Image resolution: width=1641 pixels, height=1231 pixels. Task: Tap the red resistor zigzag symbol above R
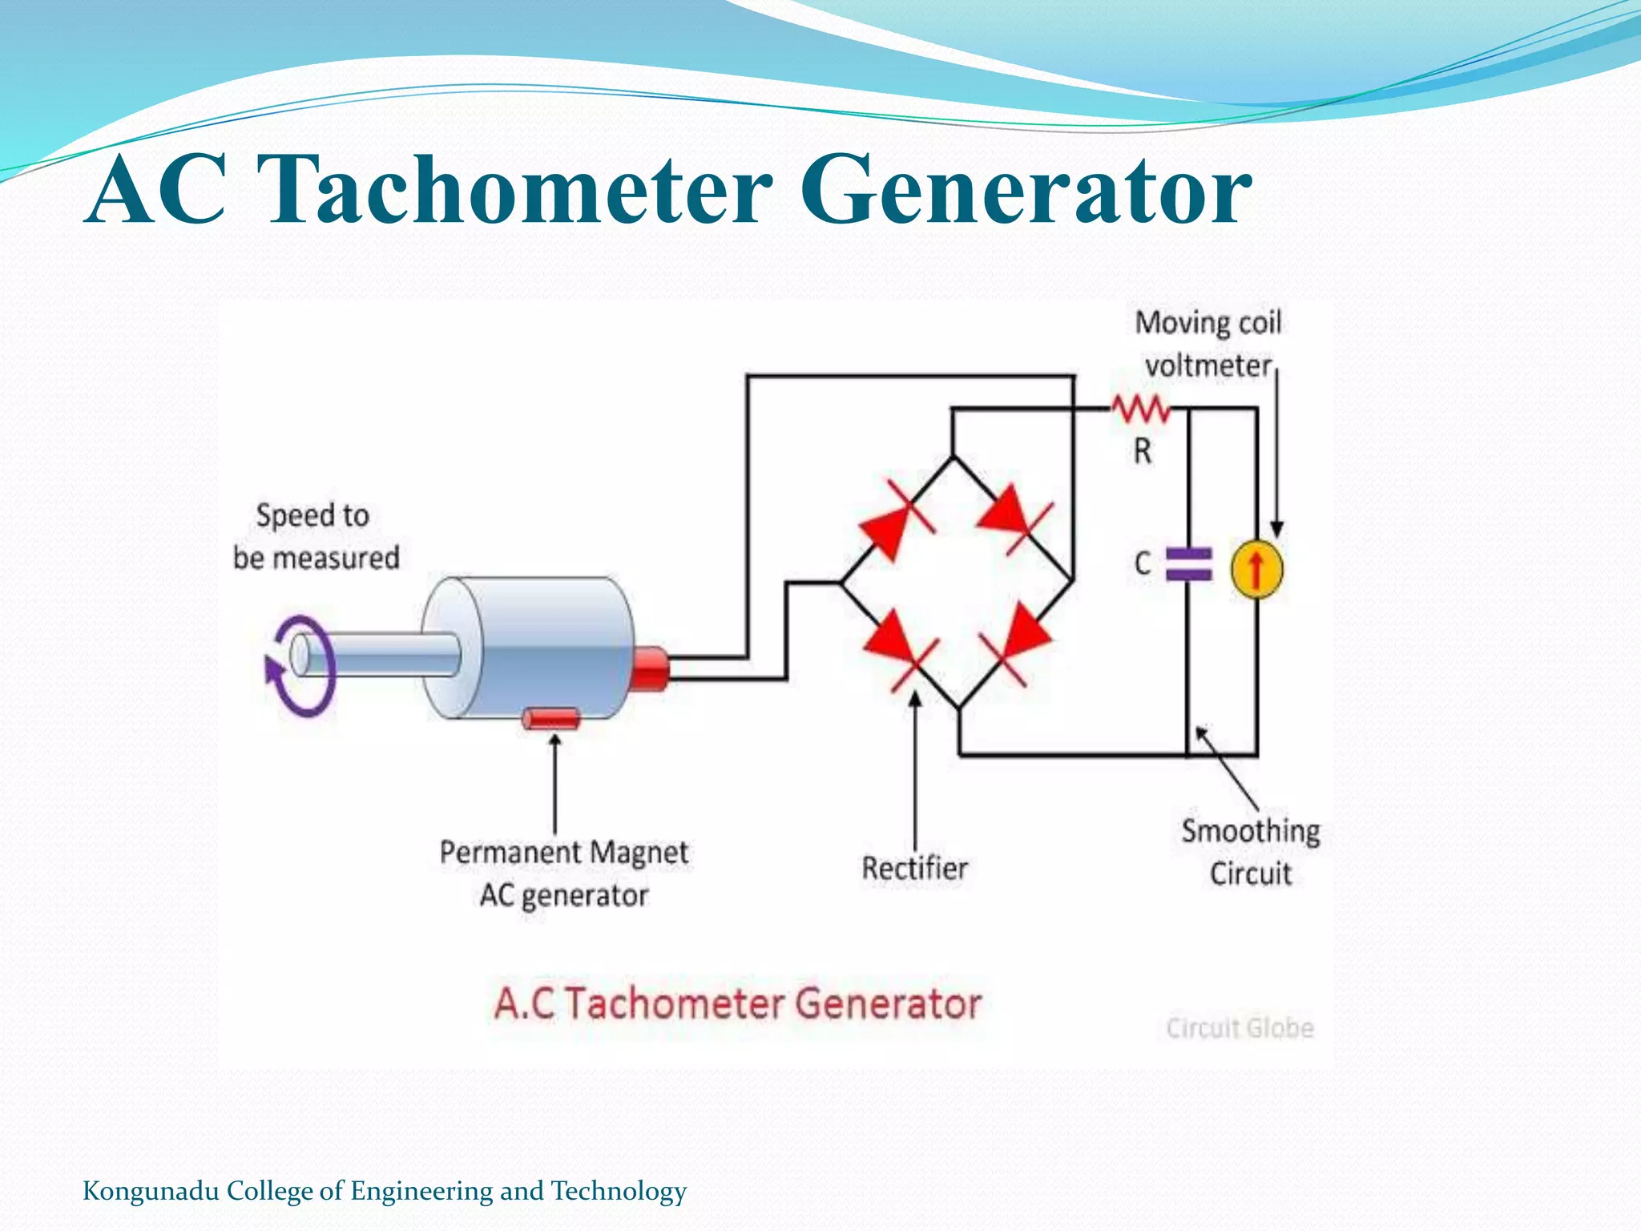coord(1141,410)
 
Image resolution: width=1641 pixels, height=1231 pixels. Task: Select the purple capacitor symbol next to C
coord(1188,563)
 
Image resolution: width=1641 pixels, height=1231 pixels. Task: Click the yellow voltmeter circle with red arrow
coord(1256,570)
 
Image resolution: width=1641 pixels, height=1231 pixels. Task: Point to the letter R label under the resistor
coord(1143,451)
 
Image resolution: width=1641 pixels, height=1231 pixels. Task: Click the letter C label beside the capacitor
coord(1143,563)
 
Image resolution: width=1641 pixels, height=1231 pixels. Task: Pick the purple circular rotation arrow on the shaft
coord(298,665)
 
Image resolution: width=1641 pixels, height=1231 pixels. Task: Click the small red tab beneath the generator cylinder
coord(550,719)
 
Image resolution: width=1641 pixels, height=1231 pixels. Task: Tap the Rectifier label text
coord(914,868)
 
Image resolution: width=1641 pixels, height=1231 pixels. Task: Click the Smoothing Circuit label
coord(1250,852)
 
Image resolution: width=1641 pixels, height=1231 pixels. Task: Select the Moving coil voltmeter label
coord(1208,344)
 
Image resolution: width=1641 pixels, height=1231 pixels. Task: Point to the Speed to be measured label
coord(316,536)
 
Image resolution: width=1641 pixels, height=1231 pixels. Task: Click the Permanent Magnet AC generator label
coord(563,874)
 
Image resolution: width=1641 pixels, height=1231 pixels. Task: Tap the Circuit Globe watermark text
coord(1240,1028)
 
